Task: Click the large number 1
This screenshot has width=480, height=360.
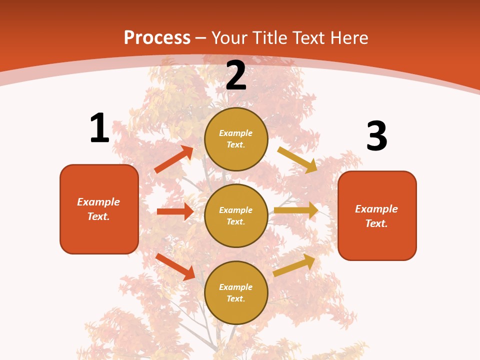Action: point(99,128)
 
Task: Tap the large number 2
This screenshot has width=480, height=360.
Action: point(236,75)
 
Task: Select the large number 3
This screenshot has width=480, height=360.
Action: point(376,136)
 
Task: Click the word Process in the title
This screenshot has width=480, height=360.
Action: point(157,37)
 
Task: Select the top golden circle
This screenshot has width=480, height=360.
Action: point(236,139)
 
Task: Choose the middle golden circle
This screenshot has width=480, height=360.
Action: point(236,215)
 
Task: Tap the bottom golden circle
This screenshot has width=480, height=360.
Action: point(236,292)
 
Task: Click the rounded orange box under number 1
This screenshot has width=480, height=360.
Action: point(99,209)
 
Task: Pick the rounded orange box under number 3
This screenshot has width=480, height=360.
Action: point(377,215)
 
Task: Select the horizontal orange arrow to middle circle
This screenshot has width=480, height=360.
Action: point(175,211)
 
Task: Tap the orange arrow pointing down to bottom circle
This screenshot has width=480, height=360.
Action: point(175,266)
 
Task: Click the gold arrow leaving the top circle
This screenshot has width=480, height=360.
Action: point(297,160)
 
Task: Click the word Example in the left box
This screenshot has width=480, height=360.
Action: point(98,202)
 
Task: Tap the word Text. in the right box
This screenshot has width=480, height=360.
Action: point(376,223)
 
